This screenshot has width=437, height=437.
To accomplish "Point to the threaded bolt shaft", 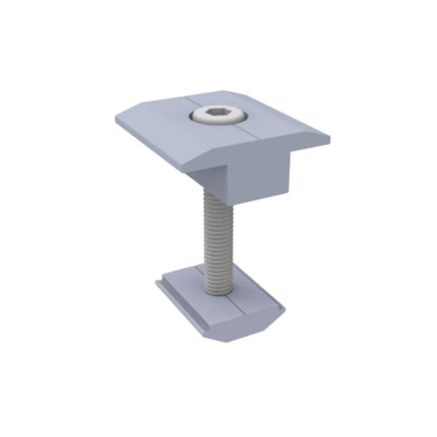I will (218, 245).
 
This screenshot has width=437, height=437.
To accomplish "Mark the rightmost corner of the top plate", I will (330, 138).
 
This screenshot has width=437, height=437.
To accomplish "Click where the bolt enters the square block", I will (215, 194).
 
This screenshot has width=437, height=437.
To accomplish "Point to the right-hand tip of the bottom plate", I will (285, 309).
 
